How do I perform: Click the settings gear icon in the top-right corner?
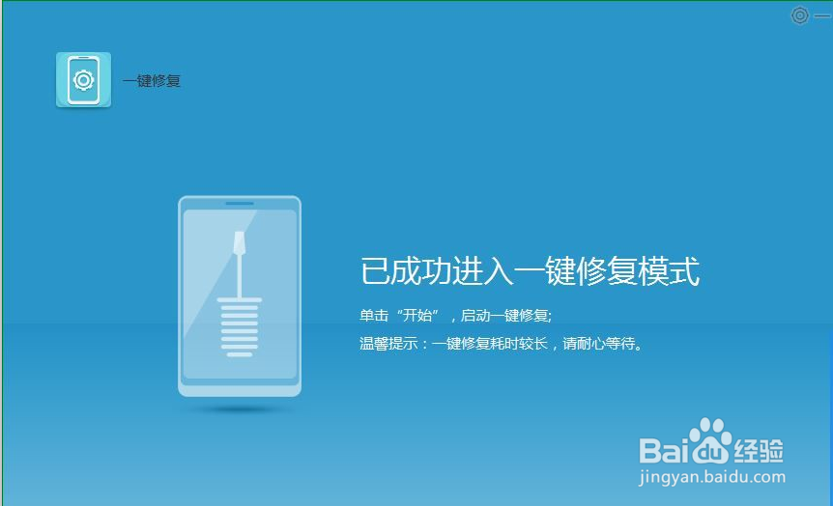pyautogui.click(x=799, y=15)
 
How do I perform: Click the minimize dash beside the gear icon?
pyautogui.click(x=822, y=15)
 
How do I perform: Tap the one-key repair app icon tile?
pyautogui.click(x=83, y=80)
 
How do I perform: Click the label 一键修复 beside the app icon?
pyautogui.click(x=152, y=81)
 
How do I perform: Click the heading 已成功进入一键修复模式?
pyautogui.click(x=530, y=271)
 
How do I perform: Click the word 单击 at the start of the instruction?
pyautogui.click(x=373, y=316)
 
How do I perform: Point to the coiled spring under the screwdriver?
pyautogui.click(x=239, y=326)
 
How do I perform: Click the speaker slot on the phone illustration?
pyautogui.click(x=239, y=204)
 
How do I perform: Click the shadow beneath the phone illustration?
pyautogui.click(x=239, y=409)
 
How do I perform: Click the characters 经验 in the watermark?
pyautogui.click(x=759, y=449)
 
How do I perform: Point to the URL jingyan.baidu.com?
pyautogui.click(x=713, y=476)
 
